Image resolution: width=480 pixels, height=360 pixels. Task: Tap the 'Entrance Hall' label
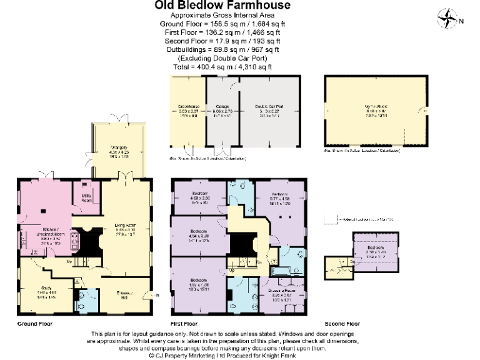[x=126, y=295]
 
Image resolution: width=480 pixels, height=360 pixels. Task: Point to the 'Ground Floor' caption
[x=35, y=324]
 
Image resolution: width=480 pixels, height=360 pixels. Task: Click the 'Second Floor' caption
[x=342, y=324]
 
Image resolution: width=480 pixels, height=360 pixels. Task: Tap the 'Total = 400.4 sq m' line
[x=222, y=67]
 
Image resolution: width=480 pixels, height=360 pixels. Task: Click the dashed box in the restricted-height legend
[x=331, y=219]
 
